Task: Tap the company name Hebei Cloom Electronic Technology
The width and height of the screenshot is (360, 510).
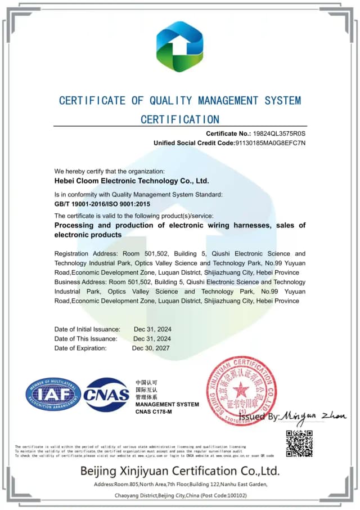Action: tap(132, 181)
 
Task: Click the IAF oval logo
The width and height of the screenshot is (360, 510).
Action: tap(53, 394)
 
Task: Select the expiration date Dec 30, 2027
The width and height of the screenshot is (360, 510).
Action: tap(151, 348)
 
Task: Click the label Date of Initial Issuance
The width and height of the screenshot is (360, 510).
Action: tap(87, 329)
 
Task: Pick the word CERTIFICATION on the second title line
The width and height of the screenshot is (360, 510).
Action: tap(179, 119)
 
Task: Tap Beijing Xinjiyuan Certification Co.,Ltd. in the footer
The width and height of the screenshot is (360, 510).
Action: tap(179, 471)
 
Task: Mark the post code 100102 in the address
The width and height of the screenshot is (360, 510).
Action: tap(235, 495)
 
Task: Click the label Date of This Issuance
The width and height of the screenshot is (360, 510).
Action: tap(85, 339)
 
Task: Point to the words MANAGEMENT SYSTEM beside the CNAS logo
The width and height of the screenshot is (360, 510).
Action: tap(167, 404)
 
